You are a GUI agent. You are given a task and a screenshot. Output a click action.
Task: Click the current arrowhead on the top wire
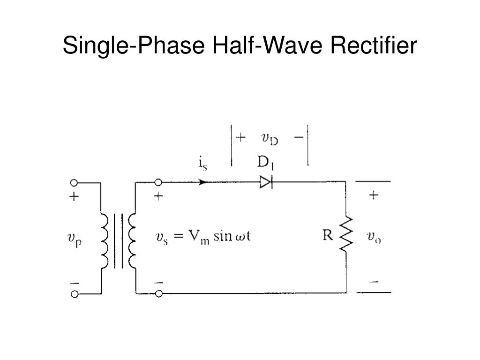(x=203, y=182)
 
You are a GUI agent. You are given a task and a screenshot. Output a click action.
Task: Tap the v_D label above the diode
(x=270, y=139)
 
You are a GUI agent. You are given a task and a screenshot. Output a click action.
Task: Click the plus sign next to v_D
(x=240, y=138)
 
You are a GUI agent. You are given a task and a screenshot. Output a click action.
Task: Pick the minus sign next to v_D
(x=298, y=138)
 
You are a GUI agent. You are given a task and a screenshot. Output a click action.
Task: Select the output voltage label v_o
(x=374, y=237)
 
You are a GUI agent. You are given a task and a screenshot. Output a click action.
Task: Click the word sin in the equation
(x=223, y=236)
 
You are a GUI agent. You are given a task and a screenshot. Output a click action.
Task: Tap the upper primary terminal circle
(x=74, y=182)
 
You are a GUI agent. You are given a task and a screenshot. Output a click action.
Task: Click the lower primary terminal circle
(x=74, y=294)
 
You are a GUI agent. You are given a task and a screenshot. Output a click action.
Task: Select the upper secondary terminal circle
(x=158, y=182)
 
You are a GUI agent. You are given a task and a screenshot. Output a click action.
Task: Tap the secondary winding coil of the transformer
(x=132, y=240)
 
